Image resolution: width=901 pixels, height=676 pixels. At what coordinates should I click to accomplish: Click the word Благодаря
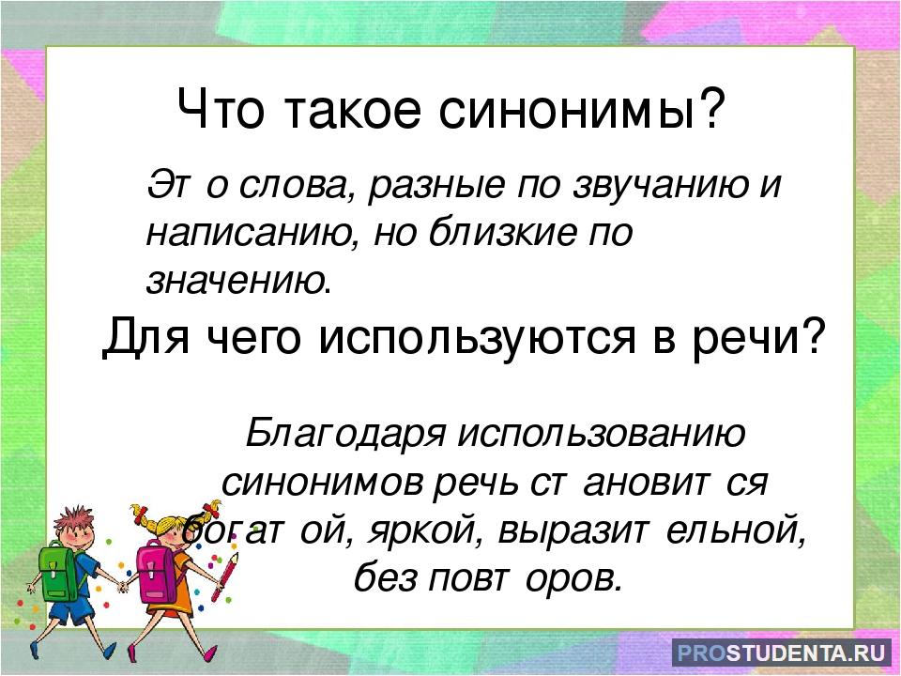point(346,434)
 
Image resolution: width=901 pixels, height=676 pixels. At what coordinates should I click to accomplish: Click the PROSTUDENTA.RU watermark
point(781,653)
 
